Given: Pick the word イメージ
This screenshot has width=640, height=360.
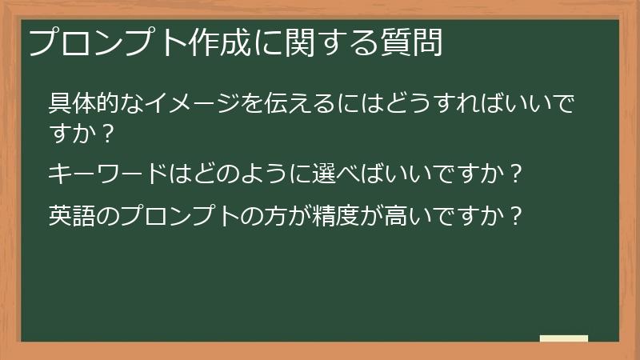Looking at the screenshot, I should tap(181, 104).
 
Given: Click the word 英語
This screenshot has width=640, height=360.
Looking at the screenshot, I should tap(73, 216).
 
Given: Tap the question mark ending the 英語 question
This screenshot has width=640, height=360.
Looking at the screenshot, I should tap(517, 216).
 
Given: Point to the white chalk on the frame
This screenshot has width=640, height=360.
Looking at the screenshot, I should tap(563, 338).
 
